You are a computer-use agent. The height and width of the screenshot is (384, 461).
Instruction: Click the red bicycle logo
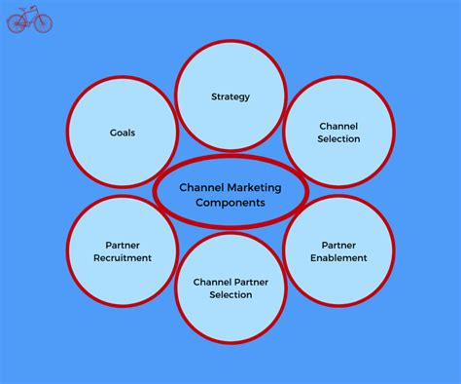point(29,19)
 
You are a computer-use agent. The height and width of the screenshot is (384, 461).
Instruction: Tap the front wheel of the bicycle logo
point(43,24)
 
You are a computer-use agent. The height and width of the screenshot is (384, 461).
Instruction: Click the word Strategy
point(230,96)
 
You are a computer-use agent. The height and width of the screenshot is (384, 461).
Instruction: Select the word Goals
point(123,132)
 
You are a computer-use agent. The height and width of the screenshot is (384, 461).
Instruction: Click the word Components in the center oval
point(230,203)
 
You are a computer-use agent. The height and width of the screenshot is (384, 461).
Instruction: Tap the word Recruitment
point(123,258)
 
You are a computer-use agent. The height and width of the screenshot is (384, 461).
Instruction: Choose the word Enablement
point(338,258)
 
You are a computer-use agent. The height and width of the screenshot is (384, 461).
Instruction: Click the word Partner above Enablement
point(338,245)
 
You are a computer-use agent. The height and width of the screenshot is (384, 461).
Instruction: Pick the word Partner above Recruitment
point(123,245)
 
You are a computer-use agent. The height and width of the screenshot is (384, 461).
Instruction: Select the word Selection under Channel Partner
point(230,294)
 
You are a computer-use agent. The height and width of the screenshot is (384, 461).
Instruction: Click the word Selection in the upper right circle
point(338,138)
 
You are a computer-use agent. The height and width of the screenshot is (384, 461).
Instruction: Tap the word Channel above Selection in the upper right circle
point(338,126)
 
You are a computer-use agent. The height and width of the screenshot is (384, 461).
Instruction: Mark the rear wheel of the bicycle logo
point(17,24)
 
